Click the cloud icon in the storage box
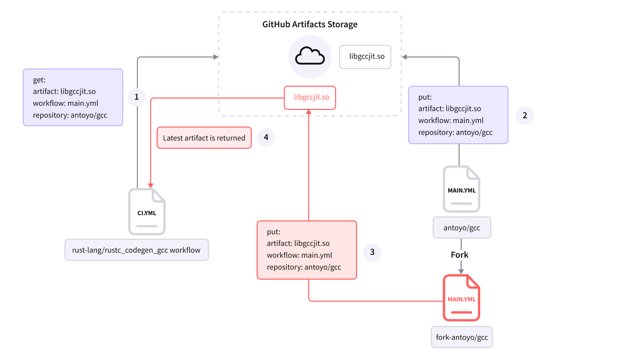coord(310,57)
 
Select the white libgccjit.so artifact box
coord(365,57)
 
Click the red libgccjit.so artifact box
coord(310,97)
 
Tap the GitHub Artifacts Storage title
coord(310,24)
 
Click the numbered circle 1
coord(137,97)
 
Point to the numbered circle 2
coord(525,115)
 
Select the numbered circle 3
coord(372,252)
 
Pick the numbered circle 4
coord(266,137)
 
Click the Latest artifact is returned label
coord(204,138)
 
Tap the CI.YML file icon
coord(147,212)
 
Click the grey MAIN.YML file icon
coord(461,189)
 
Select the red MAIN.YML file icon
coord(461,298)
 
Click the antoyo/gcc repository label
coord(462,228)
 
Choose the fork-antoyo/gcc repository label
coord(462,337)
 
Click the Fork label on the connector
coord(461,255)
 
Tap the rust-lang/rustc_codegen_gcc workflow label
coord(136,250)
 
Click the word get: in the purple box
coord(39,80)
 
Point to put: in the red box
coord(273,232)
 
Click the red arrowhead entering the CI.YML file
coord(151,186)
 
